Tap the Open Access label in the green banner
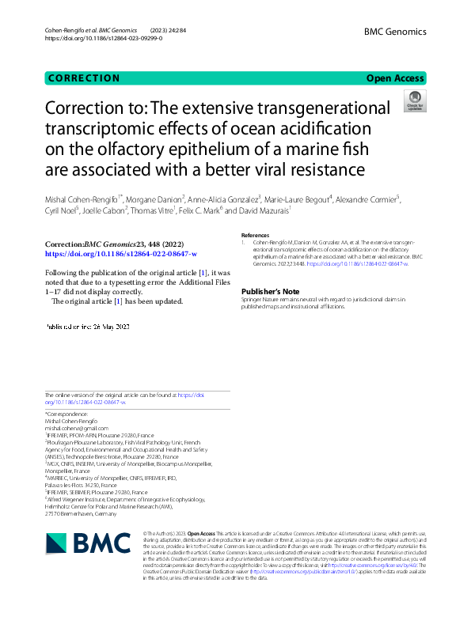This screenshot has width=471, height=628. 396,78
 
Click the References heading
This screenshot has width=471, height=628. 255,236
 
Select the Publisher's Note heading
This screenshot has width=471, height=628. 270,291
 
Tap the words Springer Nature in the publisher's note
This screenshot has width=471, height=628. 262,301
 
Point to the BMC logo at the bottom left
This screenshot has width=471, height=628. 88,543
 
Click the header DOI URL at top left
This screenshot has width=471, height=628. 103,38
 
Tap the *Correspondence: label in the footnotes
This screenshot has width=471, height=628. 66,414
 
